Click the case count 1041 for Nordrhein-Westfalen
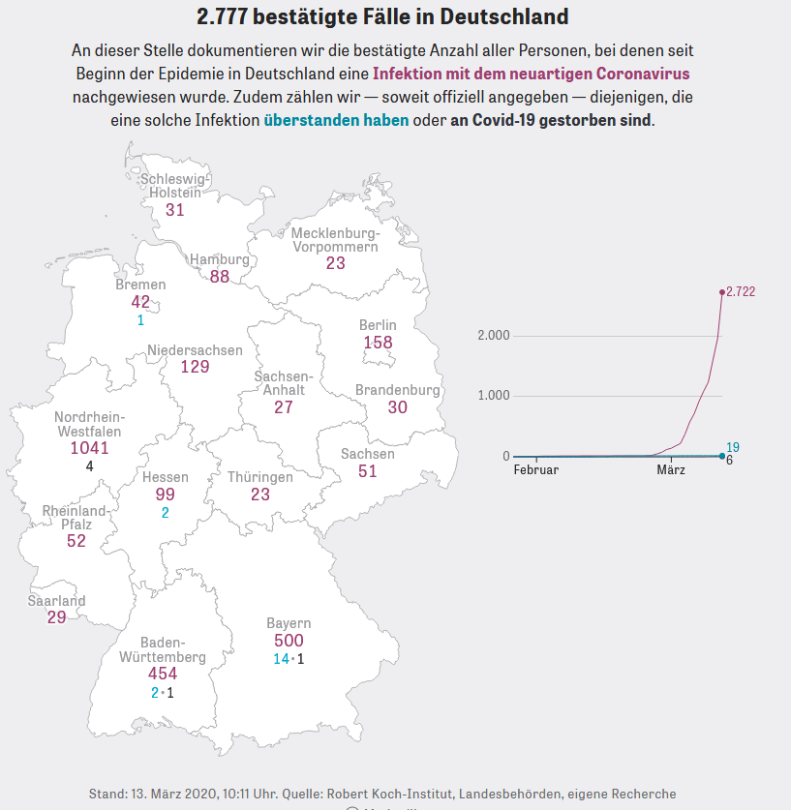90,448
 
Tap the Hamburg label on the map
219,259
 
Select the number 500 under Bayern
289,641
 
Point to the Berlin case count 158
378,343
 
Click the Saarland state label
56,601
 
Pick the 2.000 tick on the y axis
494,335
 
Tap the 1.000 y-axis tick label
494,396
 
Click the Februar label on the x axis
535,470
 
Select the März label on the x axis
671,470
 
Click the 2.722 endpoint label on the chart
742,291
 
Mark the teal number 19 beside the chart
733,447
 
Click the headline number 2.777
228,17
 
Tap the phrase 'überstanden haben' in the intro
336,121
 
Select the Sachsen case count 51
368,471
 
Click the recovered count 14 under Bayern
281,659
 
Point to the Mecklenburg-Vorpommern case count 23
335,263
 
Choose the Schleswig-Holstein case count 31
174,210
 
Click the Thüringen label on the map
259,477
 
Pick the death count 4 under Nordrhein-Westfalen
89,466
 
